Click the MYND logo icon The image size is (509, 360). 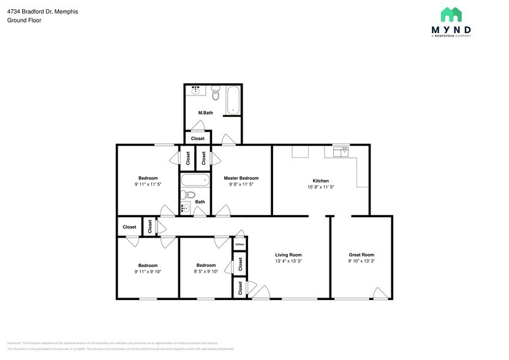click(451, 15)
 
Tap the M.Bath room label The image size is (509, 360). click(205, 113)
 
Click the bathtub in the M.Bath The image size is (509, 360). click(233, 101)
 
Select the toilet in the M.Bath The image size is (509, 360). click(215, 94)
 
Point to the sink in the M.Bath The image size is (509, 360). click(196, 91)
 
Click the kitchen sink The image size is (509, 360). click(341, 151)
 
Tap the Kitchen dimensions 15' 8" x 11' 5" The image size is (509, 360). click(321, 187)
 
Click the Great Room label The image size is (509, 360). click(361, 255)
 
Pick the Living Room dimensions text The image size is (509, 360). click(288, 261)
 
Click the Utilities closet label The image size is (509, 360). click(240, 244)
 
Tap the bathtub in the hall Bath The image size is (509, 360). click(195, 181)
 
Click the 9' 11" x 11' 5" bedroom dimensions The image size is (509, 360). click(148, 184)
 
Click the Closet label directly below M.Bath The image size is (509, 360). click(198, 139)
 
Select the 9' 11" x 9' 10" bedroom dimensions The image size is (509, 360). click(148, 272)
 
